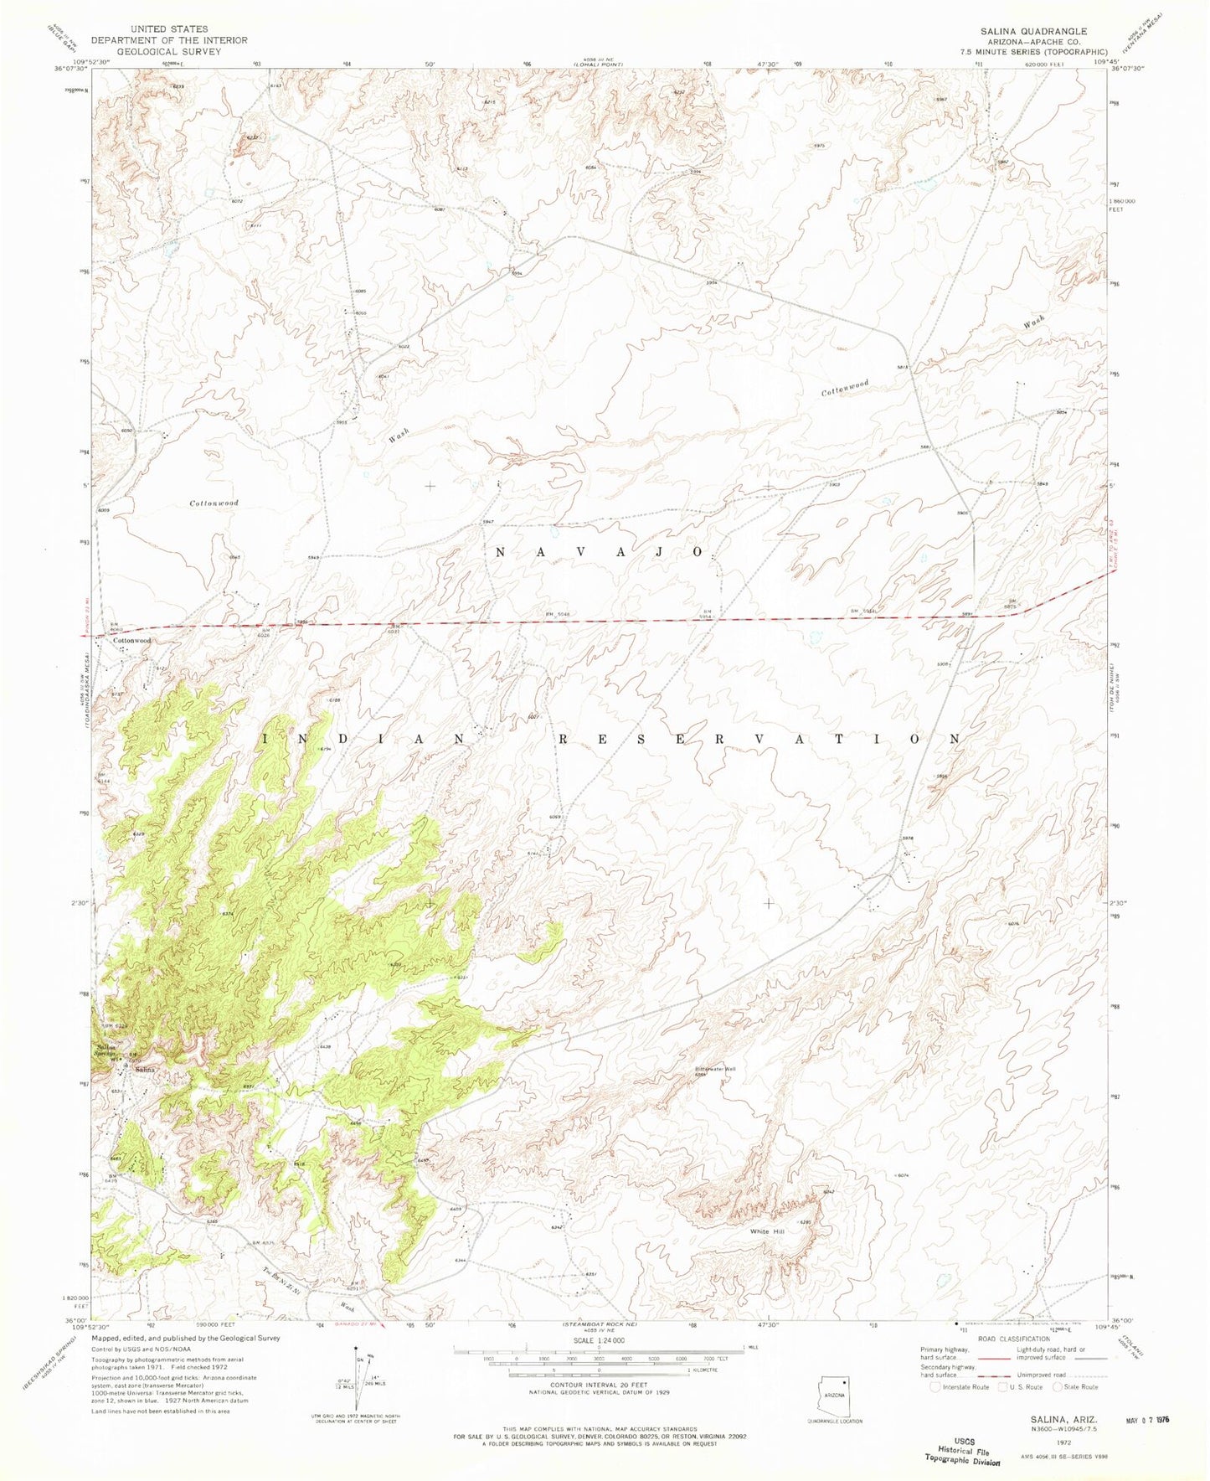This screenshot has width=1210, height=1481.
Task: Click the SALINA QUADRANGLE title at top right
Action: point(1034,30)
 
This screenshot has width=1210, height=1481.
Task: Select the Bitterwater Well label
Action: point(714,1070)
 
